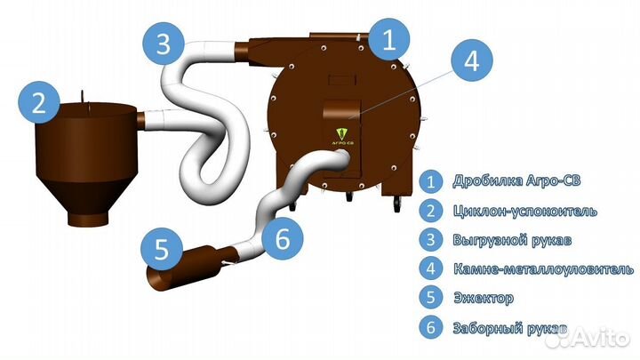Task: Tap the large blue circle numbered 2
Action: click(x=37, y=103)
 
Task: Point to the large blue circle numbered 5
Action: click(x=160, y=250)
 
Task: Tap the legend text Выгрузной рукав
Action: click(x=506, y=240)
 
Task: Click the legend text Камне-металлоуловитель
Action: click(x=541, y=268)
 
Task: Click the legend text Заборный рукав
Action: click(x=508, y=327)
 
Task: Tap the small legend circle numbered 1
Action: click(x=431, y=182)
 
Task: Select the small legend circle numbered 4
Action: click(x=431, y=268)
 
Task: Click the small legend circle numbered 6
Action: click(x=431, y=327)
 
